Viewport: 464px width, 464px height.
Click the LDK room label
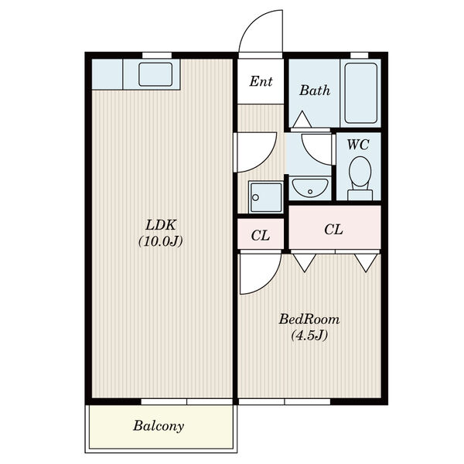coord(161,225)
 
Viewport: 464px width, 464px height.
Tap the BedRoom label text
coord(309,319)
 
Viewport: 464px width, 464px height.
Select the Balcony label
coord(159,426)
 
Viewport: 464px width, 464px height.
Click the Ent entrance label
coord(261,81)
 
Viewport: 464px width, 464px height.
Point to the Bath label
coord(315,90)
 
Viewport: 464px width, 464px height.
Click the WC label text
coord(358,145)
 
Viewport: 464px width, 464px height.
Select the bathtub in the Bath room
coord(360,94)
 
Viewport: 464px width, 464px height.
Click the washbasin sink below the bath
coord(310,188)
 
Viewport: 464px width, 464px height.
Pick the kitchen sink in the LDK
coord(155,74)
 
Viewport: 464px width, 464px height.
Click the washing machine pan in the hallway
coord(266,197)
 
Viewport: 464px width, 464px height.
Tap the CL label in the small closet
coord(261,236)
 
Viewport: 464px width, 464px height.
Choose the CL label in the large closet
coord(333,230)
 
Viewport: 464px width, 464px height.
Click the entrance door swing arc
coord(251,22)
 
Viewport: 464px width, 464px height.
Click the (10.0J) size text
coord(161,241)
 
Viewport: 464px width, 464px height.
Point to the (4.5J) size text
coord(309,336)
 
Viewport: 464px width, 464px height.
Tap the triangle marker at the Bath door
coord(302,120)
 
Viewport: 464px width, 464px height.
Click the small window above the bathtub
coord(360,56)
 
